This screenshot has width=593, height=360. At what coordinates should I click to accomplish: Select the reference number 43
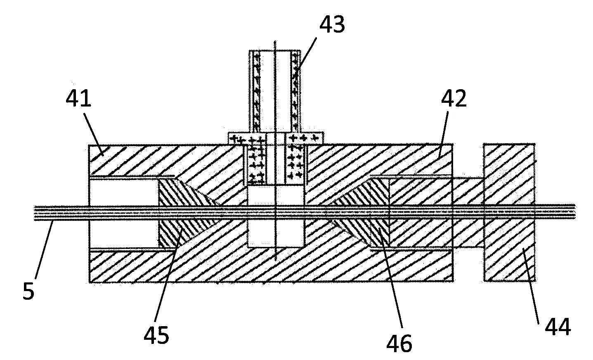click(x=332, y=24)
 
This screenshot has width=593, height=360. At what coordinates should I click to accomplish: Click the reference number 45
click(x=156, y=335)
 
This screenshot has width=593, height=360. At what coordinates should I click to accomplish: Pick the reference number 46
click(x=399, y=343)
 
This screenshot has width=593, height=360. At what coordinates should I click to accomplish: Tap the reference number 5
click(x=28, y=291)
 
